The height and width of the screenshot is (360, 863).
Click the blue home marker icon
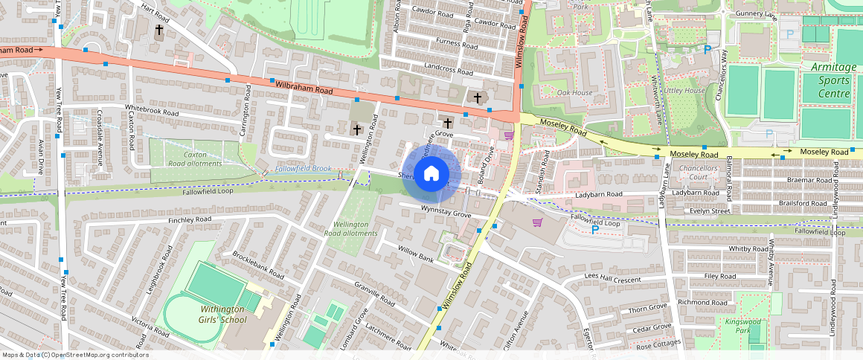click(x=431, y=174)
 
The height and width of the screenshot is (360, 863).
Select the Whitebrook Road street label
click(x=153, y=111)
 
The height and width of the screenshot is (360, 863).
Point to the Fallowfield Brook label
click(x=303, y=170)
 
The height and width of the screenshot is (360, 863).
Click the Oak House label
click(x=574, y=93)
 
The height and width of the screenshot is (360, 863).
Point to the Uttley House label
click(x=684, y=91)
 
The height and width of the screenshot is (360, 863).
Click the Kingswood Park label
click(x=754, y=324)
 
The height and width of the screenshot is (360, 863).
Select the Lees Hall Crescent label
click(x=612, y=278)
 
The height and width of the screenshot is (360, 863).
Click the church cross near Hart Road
click(x=158, y=31)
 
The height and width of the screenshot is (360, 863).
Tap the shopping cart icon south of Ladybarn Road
click(x=537, y=222)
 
